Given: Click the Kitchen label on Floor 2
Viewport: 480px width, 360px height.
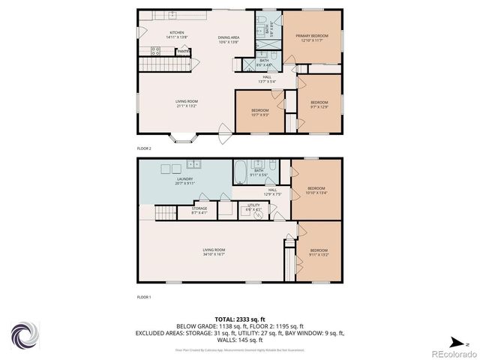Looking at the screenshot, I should (177, 33).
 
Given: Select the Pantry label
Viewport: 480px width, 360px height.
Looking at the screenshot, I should (182, 52).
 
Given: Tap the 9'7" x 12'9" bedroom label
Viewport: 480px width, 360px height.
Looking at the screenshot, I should (319, 105).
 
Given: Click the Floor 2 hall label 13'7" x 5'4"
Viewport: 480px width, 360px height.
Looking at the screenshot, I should (267, 79).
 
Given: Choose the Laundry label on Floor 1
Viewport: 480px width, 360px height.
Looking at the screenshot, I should (184, 181).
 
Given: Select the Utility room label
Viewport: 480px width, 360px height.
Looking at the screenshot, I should (253, 206).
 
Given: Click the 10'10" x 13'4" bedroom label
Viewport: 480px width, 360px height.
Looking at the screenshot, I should (316, 190).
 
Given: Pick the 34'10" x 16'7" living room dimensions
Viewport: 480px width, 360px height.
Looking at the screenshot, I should (214, 254).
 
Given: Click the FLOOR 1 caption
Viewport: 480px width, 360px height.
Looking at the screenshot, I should (144, 297).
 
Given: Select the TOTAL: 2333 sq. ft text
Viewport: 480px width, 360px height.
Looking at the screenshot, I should (239, 319).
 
